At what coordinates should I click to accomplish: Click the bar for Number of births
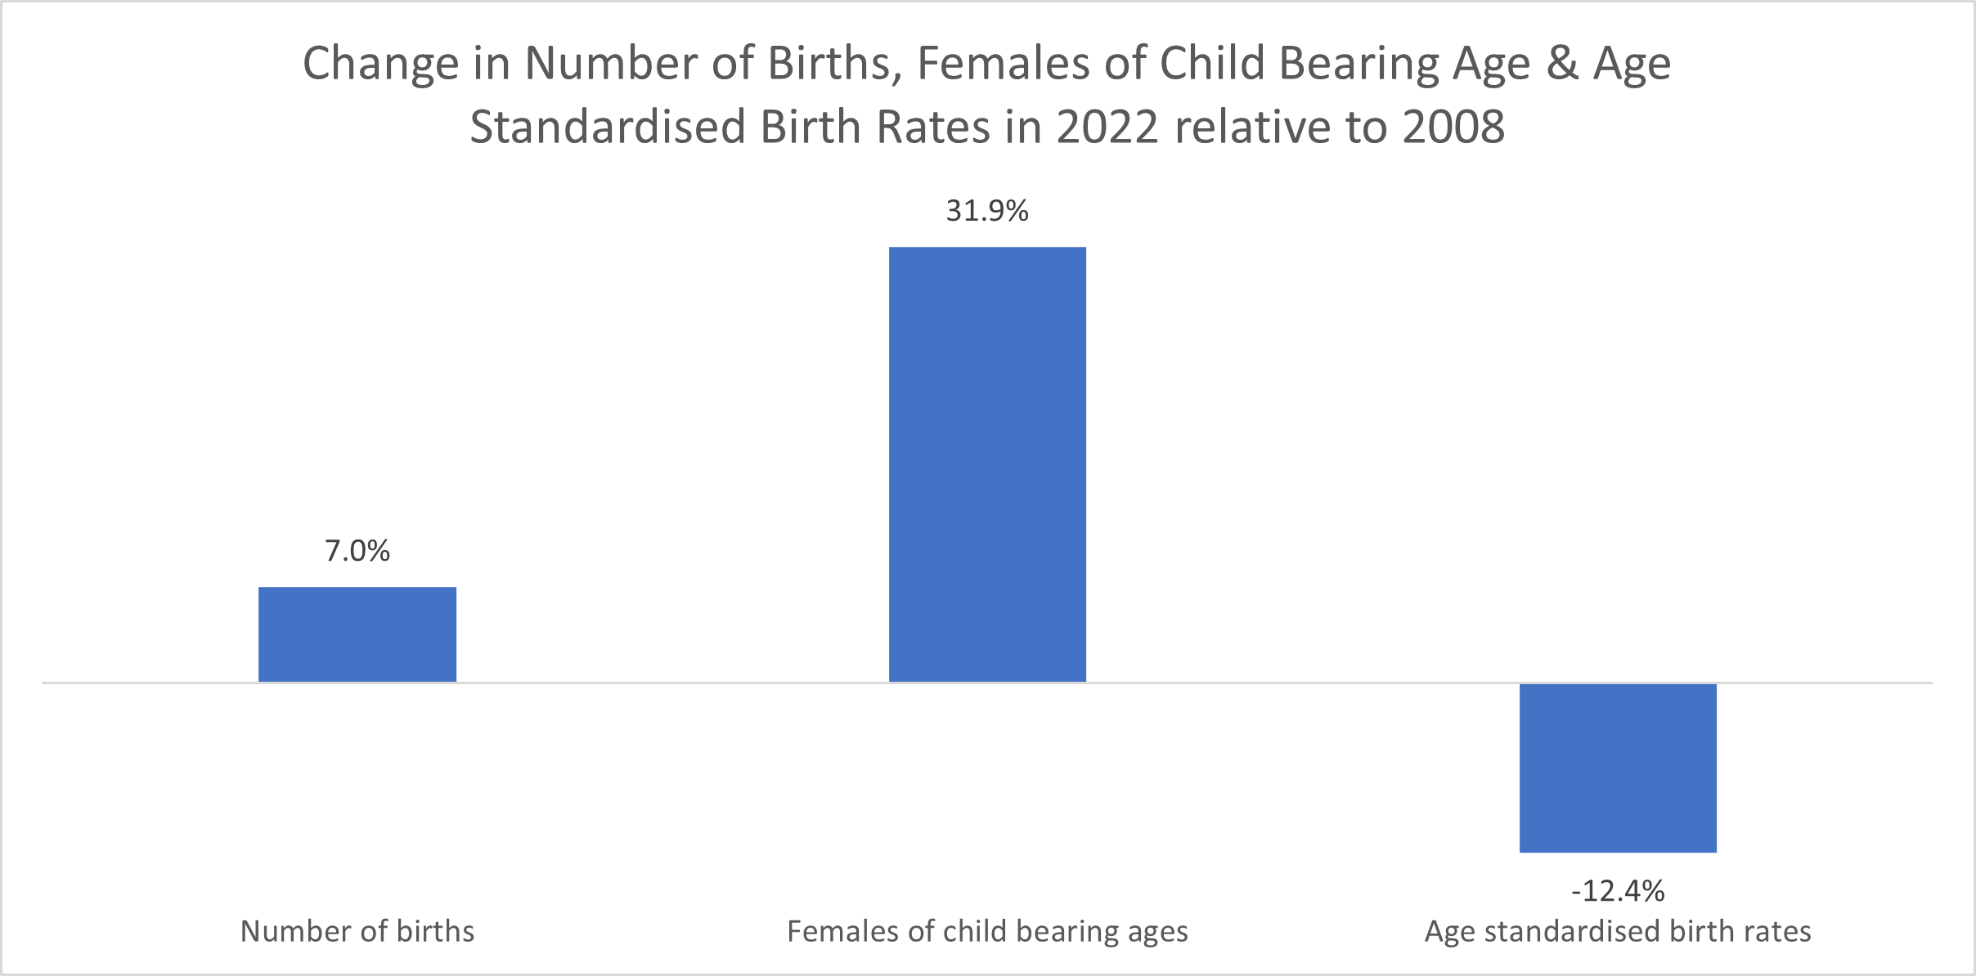click(x=357, y=634)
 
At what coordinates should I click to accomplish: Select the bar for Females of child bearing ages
click(x=987, y=464)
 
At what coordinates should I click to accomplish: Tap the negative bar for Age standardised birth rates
click(x=1618, y=768)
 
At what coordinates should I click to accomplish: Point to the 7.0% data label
click(x=357, y=551)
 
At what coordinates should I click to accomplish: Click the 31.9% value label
click(x=987, y=211)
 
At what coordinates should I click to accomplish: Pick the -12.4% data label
click(x=1618, y=890)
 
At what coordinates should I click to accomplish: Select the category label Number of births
click(x=357, y=931)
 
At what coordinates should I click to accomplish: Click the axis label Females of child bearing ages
click(x=987, y=932)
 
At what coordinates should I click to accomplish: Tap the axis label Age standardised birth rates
click(x=1618, y=932)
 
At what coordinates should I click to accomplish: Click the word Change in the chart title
click(x=380, y=64)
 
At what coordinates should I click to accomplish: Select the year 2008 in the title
click(x=1453, y=128)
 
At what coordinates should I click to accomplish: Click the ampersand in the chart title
click(x=1562, y=63)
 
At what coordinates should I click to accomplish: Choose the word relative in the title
click(x=1255, y=128)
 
